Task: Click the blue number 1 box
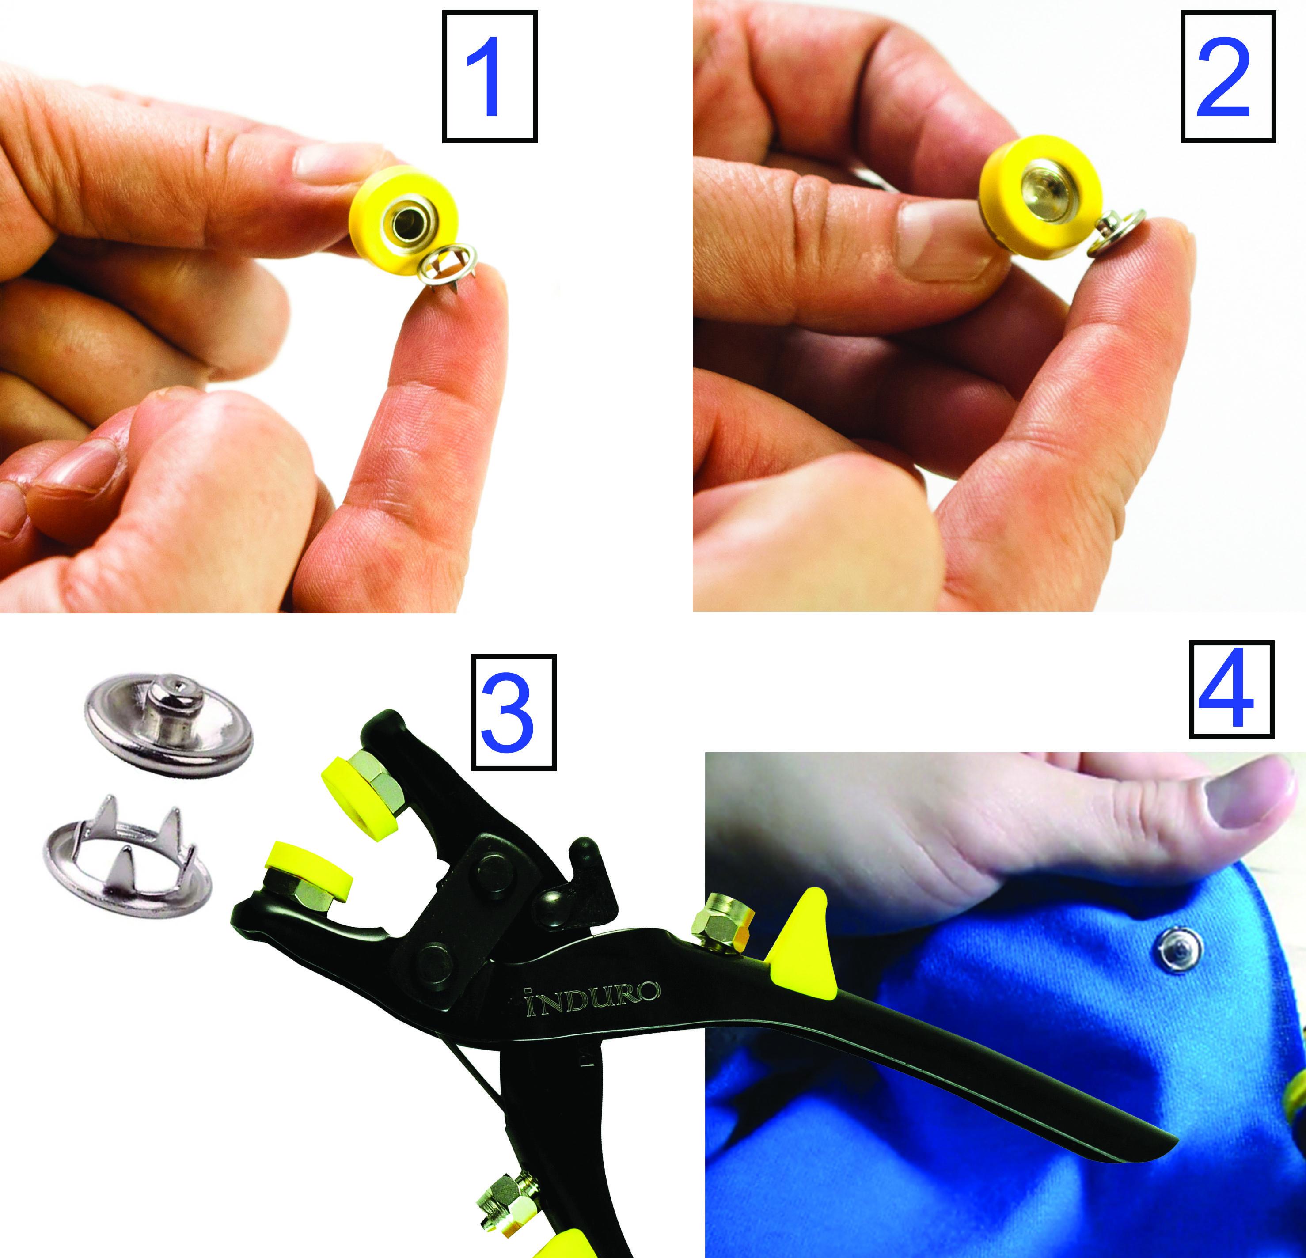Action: coord(490,76)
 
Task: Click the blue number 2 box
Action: coord(1228,76)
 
